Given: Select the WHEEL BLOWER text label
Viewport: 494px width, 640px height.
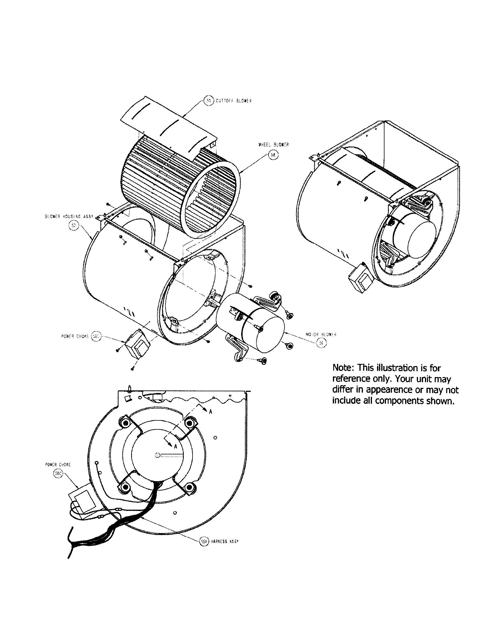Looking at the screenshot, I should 274,145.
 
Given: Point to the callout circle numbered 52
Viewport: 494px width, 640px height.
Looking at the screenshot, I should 73,226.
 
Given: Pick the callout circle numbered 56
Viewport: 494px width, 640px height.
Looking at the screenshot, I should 321,343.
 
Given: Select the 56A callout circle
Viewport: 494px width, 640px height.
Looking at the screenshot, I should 204,542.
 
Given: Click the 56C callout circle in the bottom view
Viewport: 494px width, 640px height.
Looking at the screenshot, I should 58,474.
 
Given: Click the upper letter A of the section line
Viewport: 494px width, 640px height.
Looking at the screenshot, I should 210,412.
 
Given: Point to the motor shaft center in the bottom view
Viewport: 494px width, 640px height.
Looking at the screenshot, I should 157,455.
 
